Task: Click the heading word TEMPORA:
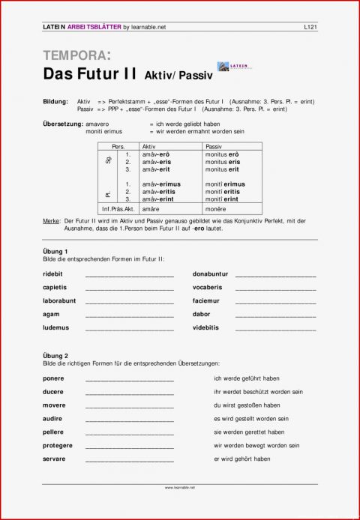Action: coord(77,55)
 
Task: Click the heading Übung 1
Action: coord(56,251)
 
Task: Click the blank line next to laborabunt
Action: coord(130,301)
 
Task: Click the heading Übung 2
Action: coord(56,355)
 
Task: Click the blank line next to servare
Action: coord(130,459)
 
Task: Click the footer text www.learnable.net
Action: coord(180,487)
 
